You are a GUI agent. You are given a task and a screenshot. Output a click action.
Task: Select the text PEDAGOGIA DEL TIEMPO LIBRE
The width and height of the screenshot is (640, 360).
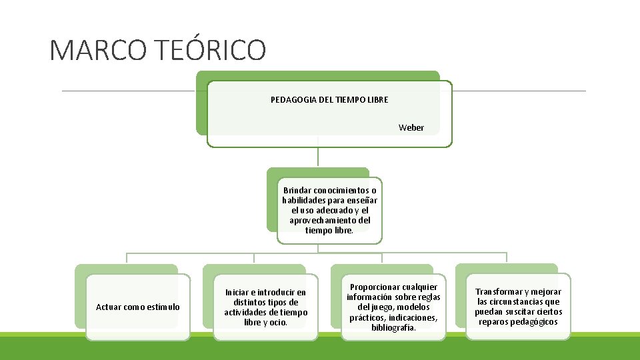click(329, 100)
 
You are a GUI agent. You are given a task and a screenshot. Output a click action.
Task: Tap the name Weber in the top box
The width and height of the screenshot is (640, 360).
click(411, 127)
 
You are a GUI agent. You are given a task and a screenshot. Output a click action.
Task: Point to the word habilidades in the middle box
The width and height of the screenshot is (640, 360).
click(304, 200)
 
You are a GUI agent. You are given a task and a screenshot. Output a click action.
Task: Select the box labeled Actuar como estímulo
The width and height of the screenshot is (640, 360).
click(137, 307)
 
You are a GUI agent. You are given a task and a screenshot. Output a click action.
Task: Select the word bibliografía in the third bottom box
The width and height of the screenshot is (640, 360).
click(393, 327)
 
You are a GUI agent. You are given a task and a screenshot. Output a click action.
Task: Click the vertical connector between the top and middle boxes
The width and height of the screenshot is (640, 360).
click(318, 157)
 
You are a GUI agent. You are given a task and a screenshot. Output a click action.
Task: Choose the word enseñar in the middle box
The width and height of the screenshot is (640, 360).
click(363, 200)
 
